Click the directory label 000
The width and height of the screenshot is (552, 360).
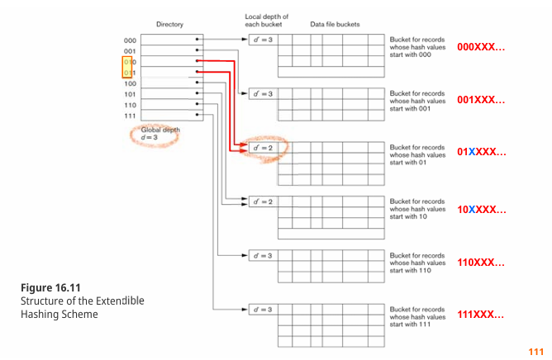pos(130,40)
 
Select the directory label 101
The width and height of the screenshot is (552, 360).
pos(130,94)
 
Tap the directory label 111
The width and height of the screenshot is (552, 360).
pos(130,116)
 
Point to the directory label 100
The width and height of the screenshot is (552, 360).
pos(130,83)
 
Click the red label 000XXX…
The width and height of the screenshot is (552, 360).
pos(481,48)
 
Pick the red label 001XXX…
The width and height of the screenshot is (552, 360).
pos(481,100)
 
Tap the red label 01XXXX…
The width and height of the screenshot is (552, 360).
pos(481,153)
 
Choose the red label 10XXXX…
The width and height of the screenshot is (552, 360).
pos(481,210)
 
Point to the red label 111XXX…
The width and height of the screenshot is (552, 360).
pos(481,315)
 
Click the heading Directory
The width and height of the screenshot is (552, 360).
pos(171,24)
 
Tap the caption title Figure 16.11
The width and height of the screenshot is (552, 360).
pos(50,287)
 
